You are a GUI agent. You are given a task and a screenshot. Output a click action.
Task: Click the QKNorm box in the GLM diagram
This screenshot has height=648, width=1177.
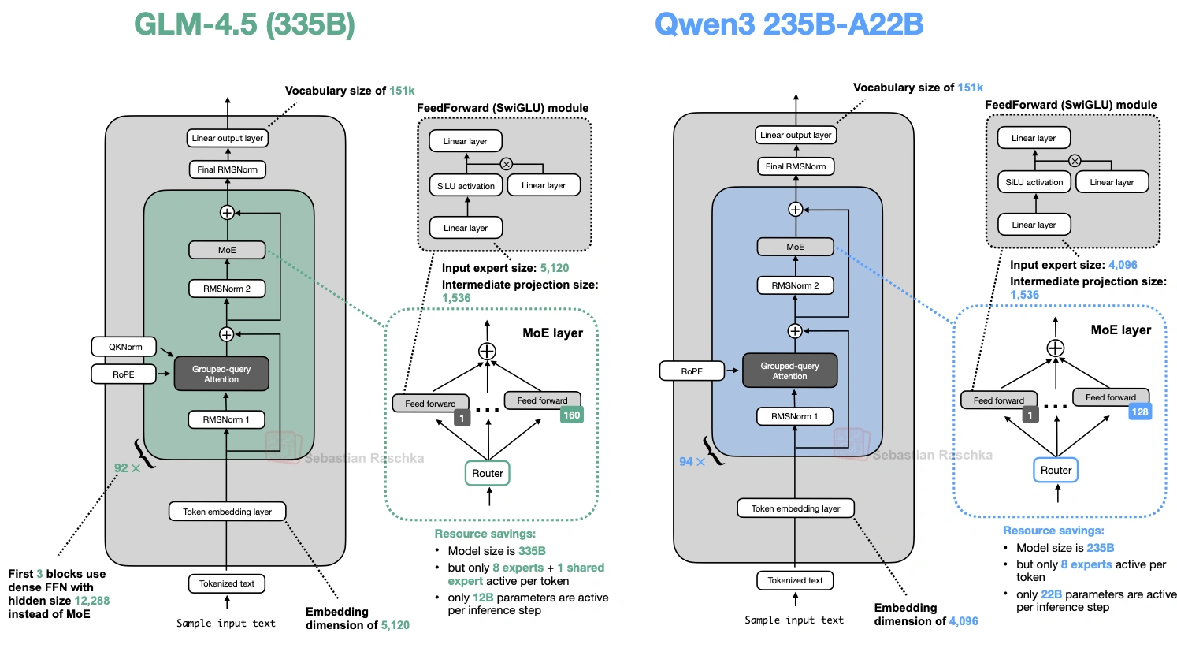click(126, 347)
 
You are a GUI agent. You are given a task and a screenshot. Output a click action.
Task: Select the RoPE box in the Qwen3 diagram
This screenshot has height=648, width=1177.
click(692, 371)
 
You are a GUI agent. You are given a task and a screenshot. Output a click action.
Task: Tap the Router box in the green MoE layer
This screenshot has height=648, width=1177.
click(488, 473)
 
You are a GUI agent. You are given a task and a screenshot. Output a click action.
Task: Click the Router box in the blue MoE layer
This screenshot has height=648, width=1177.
click(1056, 470)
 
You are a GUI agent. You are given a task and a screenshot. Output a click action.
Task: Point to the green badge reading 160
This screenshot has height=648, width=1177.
click(572, 415)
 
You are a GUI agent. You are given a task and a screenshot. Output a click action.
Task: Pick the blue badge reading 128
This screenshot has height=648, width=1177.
click(1140, 412)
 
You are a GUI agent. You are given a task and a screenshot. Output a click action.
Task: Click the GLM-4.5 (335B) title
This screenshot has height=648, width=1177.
click(244, 24)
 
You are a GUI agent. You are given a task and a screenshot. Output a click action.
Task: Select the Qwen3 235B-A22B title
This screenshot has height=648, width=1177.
click(789, 24)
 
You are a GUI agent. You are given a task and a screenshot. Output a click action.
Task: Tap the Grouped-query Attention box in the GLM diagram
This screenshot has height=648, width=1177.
click(221, 374)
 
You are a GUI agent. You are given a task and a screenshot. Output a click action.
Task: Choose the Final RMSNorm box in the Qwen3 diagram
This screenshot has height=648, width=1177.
click(796, 166)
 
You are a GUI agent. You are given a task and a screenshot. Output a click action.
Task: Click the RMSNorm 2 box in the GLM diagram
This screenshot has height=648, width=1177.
click(227, 289)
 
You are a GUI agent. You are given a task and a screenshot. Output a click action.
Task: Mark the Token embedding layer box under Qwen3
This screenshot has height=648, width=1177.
click(796, 508)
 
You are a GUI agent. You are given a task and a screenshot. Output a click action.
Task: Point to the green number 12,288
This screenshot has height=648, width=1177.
click(91, 601)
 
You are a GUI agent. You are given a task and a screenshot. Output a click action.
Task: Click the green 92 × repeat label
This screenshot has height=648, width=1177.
click(127, 468)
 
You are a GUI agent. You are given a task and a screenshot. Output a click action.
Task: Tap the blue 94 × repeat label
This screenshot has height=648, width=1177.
click(692, 462)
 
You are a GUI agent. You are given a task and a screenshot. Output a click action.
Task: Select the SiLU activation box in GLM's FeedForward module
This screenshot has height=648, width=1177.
click(466, 186)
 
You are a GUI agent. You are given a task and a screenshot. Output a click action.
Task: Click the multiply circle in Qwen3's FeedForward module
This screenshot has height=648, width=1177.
click(1075, 161)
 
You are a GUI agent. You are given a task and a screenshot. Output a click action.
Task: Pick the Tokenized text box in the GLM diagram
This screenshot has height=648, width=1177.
click(227, 583)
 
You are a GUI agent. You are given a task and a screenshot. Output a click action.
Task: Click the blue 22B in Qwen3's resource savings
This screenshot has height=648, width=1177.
click(1051, 594)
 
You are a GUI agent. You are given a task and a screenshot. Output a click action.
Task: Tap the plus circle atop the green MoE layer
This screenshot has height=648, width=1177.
click(488, 352)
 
